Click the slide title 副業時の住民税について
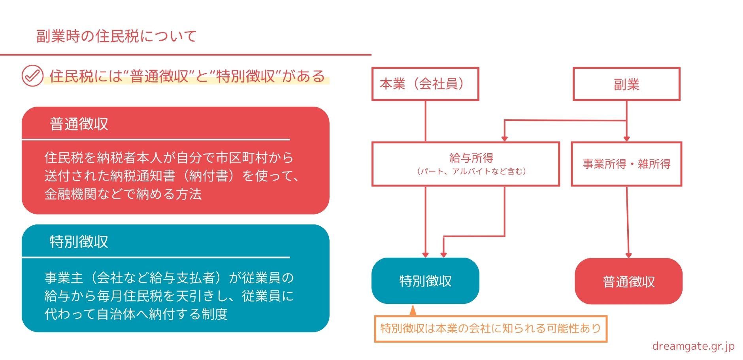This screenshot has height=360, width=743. [116, 36]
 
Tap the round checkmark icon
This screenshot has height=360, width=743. [32, 75]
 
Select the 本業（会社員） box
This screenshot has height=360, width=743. [425, 84]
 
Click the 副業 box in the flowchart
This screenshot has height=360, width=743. [626, 84]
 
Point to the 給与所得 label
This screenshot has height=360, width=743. [471, 158]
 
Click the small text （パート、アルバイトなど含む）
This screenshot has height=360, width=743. [471, 172]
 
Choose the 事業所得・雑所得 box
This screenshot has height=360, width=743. [626, 164]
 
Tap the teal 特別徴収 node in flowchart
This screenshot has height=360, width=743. [425, 281]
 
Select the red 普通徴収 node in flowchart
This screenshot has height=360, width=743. [628, 281]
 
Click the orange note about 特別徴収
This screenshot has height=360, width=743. [490, 328]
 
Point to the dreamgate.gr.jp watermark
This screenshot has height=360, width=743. [693, 346]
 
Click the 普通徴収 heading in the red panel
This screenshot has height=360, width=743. [79, 124]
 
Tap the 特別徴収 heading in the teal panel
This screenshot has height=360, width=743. [79, 241]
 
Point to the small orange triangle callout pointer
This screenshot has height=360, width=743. [413, 310]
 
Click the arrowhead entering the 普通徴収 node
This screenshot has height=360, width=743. [628, 255]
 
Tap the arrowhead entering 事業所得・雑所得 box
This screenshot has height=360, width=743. [626, 138]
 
